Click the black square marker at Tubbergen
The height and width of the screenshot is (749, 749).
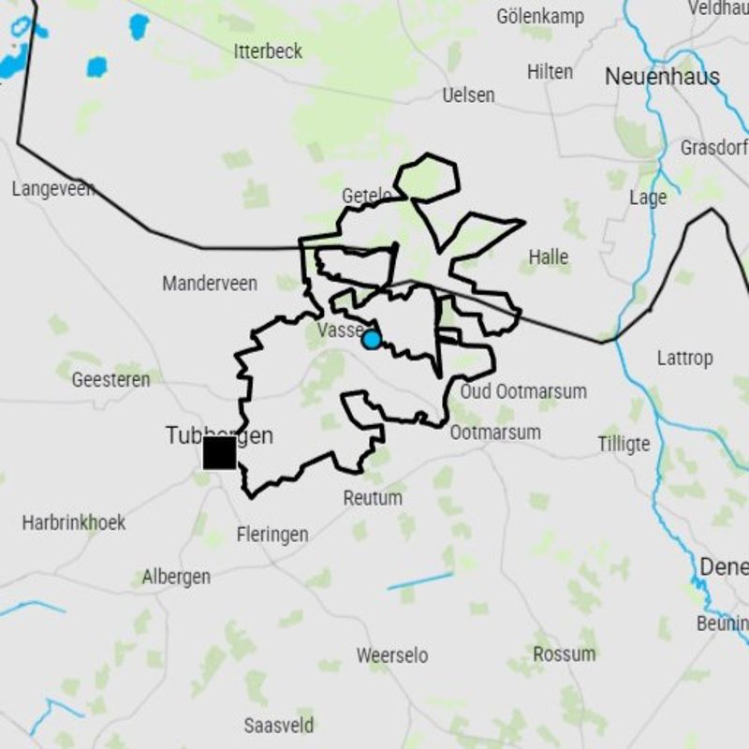point(219,453)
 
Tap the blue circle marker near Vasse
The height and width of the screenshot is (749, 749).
point(372,340)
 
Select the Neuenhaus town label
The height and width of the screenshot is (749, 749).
point(662,77)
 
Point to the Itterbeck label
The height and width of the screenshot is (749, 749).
point(268,51)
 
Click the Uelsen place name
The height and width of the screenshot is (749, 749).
point(468,95)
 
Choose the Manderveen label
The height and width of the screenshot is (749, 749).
point(210,284)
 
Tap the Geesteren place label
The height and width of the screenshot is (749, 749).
point(110,380)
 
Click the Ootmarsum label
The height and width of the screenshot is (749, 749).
point(495,433)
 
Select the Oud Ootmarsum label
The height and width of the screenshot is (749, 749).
point(523,391)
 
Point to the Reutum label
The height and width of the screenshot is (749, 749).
point(373,498)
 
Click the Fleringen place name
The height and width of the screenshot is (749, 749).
point(272,535)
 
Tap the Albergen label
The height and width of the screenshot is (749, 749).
point(176,577)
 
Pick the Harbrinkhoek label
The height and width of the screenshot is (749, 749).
point(74,522)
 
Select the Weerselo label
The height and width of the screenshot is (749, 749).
point(392,655)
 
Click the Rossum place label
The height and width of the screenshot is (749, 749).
point(565,654)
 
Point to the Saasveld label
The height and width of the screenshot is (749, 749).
point(279,726)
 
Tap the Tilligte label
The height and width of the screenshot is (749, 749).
point(624,444)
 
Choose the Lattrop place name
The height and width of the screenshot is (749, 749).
point(684,358)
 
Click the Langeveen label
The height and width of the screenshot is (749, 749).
point(53,189)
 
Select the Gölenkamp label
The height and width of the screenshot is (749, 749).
point(540,16)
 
